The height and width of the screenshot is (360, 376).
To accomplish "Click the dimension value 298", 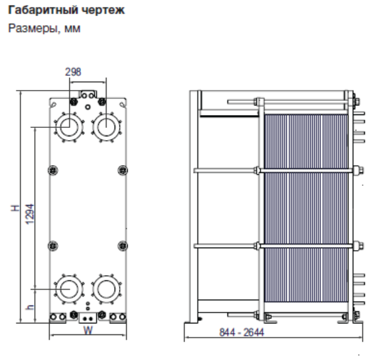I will (x=73, y=72).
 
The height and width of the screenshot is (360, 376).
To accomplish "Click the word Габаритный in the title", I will (x=35, y=11).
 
